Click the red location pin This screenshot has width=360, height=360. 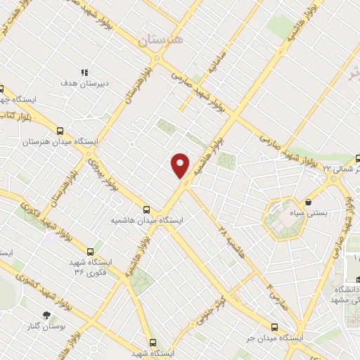pos(181,165)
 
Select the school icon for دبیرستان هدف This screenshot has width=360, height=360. pos(84,72)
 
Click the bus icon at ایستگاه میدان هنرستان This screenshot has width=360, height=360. pos(60,131)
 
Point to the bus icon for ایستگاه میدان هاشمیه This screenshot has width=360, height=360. pos(146,209)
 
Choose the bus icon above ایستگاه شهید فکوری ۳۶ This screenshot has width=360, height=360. pos(89,251)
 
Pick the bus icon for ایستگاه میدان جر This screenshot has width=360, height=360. pos(274,327)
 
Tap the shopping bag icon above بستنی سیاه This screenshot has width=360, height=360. pos(308,202)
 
